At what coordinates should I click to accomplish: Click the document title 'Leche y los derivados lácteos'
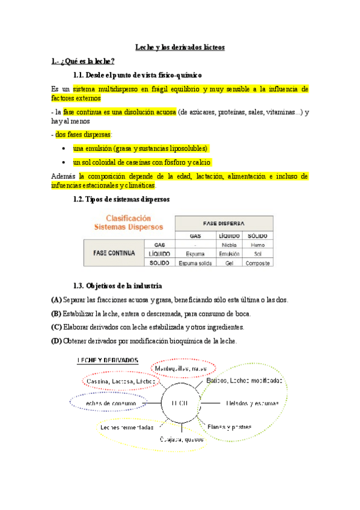(180, 47)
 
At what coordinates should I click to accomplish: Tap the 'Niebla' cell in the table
(229, 245)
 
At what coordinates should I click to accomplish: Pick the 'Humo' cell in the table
(258, 245)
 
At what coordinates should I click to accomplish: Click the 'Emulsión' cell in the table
(229, 254)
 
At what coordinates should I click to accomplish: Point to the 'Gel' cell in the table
(229, 263)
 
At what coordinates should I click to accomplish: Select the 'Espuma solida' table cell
(195, 263)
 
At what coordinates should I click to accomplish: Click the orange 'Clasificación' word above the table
(129, 218)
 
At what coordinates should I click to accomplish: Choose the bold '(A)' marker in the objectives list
(57, 299)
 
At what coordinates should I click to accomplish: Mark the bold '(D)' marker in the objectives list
(57, 342)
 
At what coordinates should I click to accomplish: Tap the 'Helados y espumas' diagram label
(252, 403)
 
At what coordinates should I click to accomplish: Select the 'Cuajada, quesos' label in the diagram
(181, 439)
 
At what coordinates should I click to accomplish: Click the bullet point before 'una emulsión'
(64, 148)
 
